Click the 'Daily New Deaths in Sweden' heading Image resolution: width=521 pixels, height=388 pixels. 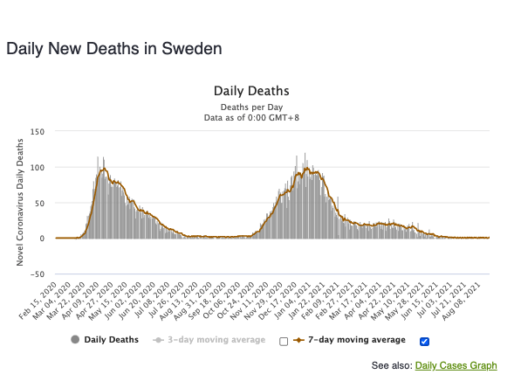[x=114, y=49]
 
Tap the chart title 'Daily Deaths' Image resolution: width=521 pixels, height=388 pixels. [x=251, y=91]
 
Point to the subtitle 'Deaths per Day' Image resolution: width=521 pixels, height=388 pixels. [x=251, y=107]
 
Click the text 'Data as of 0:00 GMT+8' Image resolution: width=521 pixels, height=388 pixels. [x=251, y=118]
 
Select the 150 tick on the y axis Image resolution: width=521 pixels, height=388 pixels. [x=38, y=132]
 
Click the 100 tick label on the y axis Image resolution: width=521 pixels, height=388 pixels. [x=38, y=168]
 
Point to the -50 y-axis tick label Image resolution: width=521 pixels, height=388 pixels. [x=38, y=274]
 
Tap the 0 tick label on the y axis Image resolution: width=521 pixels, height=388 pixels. [x=42, y=239]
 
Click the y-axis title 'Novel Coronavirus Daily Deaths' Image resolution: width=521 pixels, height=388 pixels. [x=20, y=203]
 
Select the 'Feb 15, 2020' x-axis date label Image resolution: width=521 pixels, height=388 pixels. [x=38, y=301]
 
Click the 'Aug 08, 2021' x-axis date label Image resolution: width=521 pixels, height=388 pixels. [x=461, y=301]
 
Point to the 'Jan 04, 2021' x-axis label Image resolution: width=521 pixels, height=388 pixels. [x=291, y=301]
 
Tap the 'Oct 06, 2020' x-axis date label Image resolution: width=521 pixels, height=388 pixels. [x=222, y=301]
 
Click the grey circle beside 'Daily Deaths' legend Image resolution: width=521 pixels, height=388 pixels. [x=75, y=340]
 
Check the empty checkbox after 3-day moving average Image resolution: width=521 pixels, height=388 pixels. [x=284, y=342]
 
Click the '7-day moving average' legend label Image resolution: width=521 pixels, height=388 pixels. [x=357, y=340]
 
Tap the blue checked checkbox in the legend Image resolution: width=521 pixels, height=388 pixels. [x=424, y=342]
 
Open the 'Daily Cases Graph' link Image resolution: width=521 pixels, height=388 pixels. [x=456, y=365]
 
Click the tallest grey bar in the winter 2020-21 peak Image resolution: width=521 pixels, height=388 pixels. [x=305, y=196]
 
